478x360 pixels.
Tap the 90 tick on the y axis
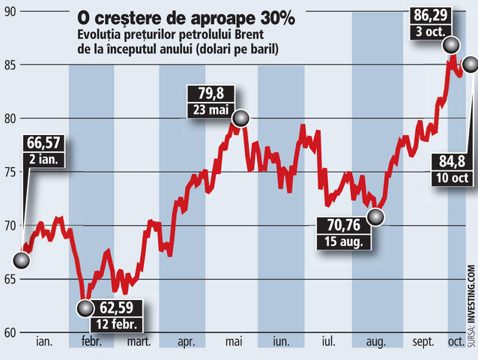click(x=10, y=12)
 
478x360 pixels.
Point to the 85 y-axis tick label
click(x=10, y=65)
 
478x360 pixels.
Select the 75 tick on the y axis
click(x=10, y=172)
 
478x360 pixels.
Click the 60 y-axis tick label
click(x=10, y=332)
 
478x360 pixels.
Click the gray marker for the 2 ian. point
click(x=22, y=260)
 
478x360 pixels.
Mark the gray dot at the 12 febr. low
click(x=86, y=307)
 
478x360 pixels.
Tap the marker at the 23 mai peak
click(x=240, y=118)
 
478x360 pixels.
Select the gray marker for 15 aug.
click(x=375, y=217)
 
